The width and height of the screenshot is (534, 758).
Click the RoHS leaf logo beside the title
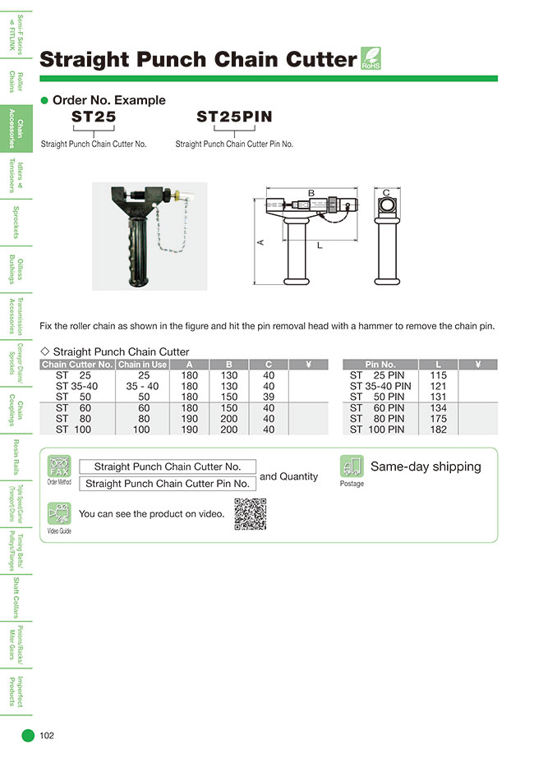click(371, 60)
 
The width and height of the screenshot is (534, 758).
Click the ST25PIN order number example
click(234, 117)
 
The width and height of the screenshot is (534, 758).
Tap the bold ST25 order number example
click(94, 117)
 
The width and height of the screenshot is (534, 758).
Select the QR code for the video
click(251, 514)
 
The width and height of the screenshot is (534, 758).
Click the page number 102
click(47, 736)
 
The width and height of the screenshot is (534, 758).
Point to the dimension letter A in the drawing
click(261, 242)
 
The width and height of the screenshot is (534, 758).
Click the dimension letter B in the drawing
click(311, 193)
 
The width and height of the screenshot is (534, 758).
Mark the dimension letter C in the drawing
click(386, 192)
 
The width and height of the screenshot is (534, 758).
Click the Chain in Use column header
click(142, 365)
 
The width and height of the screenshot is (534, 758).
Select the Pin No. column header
click(380, 365)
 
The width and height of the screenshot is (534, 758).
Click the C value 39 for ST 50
click(269, 397)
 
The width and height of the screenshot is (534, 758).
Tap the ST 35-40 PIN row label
click(380, 386)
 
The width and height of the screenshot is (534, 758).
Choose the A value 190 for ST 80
click(189, 418)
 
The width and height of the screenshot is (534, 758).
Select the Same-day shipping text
click(426, 466)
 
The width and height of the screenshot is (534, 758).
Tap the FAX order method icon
click(60, 466)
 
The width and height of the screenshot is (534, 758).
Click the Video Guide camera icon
click(59, 514)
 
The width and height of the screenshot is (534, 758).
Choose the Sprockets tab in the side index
click(16, 222)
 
